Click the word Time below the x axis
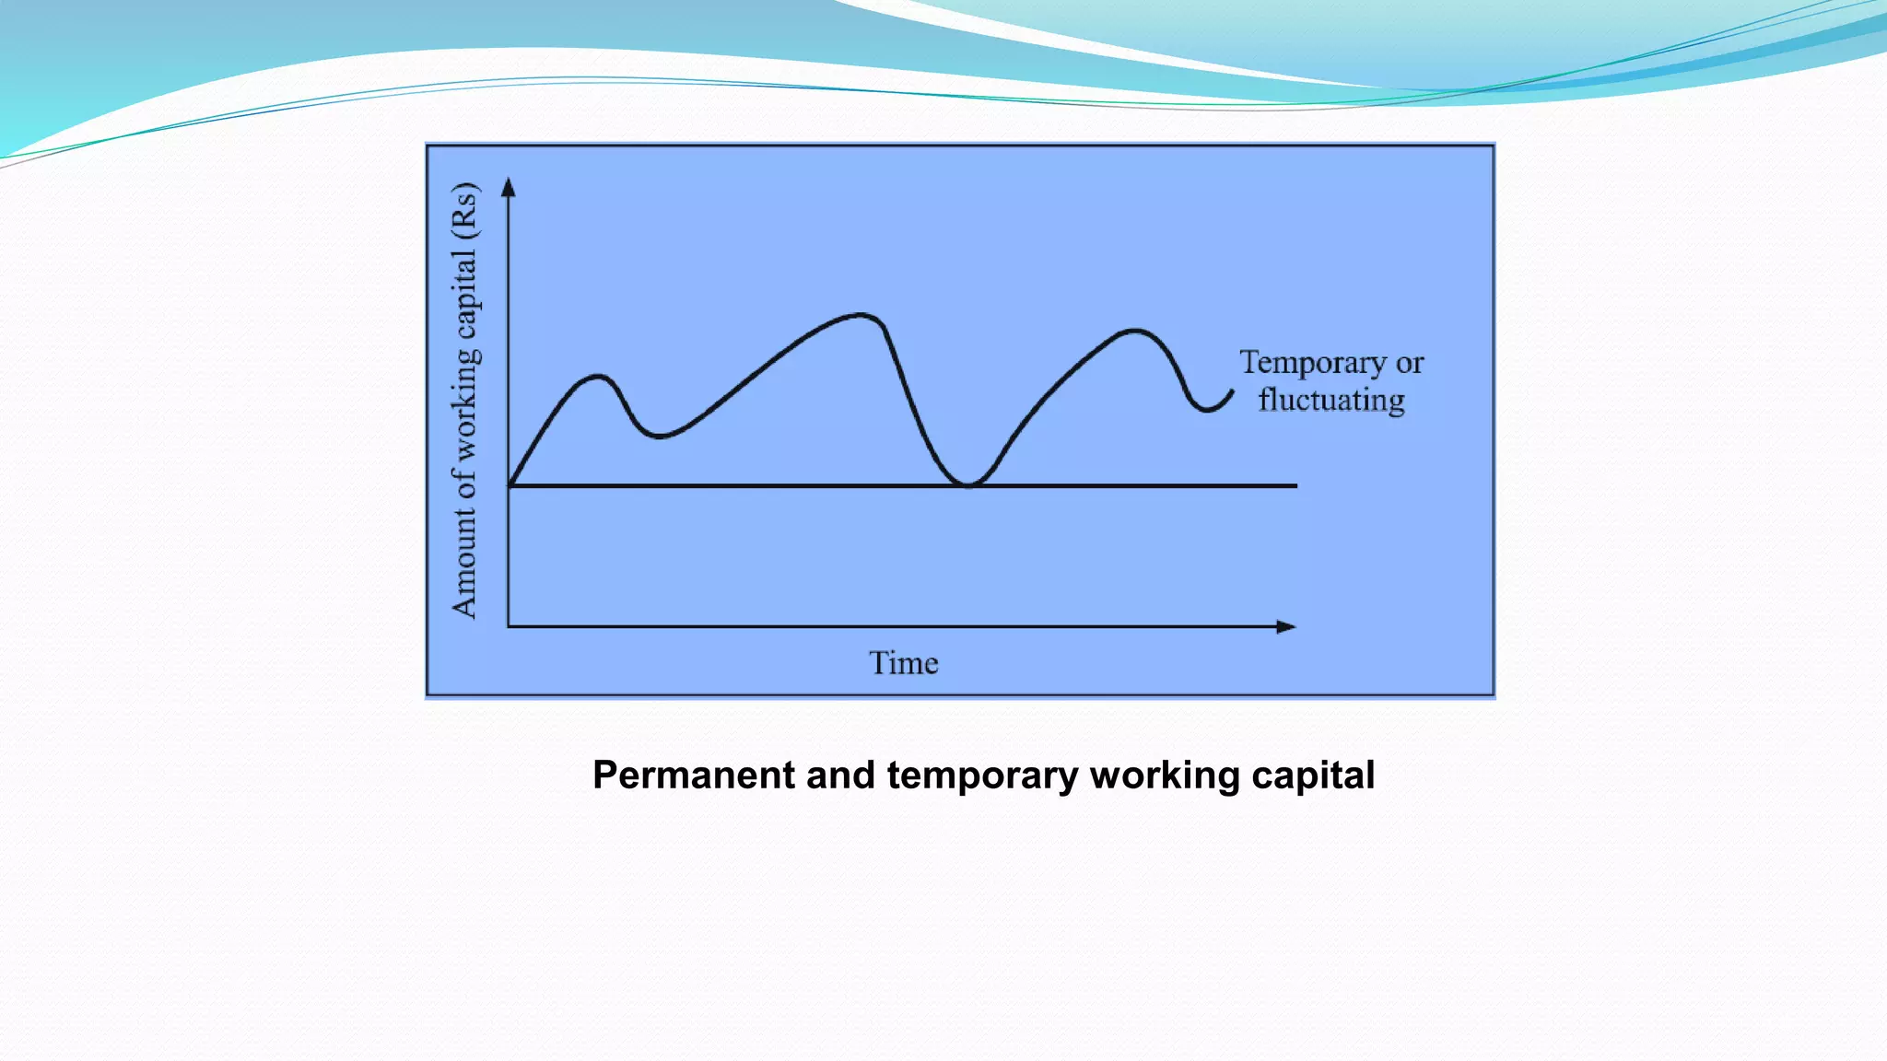point(903,663)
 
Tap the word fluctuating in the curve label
point(1331,401)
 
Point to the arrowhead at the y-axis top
point(508,187)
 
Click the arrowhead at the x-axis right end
point(1286,626)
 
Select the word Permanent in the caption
point(693,775)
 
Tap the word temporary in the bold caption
point(982,775)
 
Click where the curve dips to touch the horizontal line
point(967,484)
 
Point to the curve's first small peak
point(599,376)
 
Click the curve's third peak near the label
point(1133,330)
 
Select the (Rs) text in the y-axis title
point(465,211)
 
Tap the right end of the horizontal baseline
point(1295,485)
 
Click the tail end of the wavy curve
point(1232,391)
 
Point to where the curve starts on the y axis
point(510,484)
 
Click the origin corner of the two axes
point(509,626)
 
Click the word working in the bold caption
point(1165,775)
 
